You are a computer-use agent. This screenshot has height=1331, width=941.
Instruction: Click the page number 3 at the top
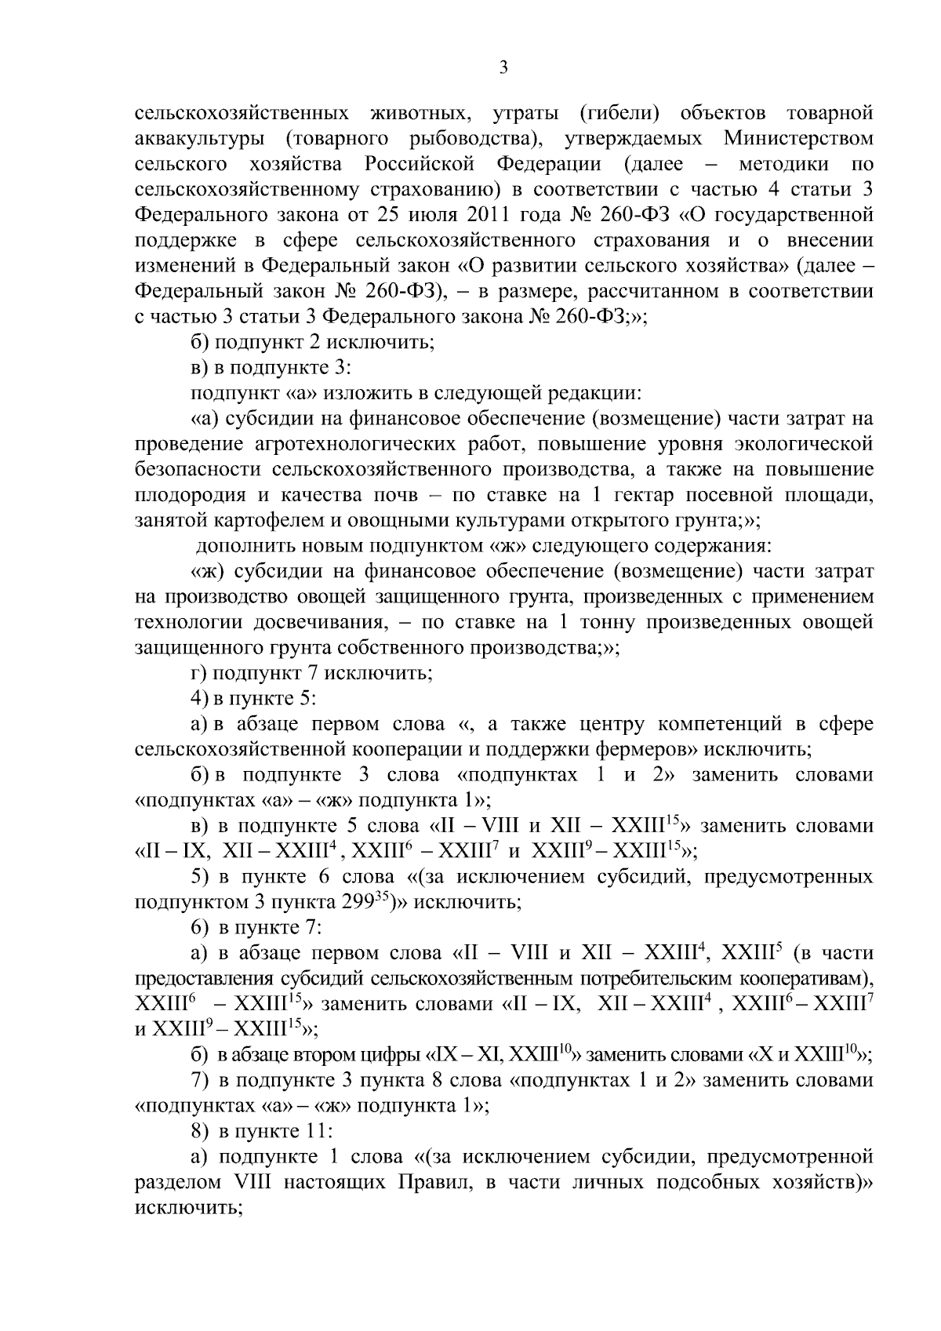tap(504, 68)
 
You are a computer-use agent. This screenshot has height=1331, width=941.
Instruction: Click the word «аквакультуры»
tap(199, 139)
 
